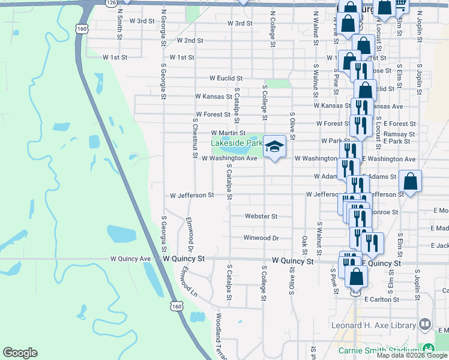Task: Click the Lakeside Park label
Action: coord(237,143)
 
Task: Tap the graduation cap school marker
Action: coord(274,146)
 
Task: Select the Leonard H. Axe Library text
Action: coord(373,326)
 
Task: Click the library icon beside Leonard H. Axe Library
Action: coord(425,325)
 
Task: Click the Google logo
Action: coord(20,353)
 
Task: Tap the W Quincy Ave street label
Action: coord(130,259)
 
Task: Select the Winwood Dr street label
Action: coord(261,238)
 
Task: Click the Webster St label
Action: coord(261,216)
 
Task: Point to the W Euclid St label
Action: coord(225,78)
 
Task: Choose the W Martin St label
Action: coord(228,133)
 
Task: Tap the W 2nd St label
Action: coord(190,41)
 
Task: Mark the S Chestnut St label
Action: coord(194,137)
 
